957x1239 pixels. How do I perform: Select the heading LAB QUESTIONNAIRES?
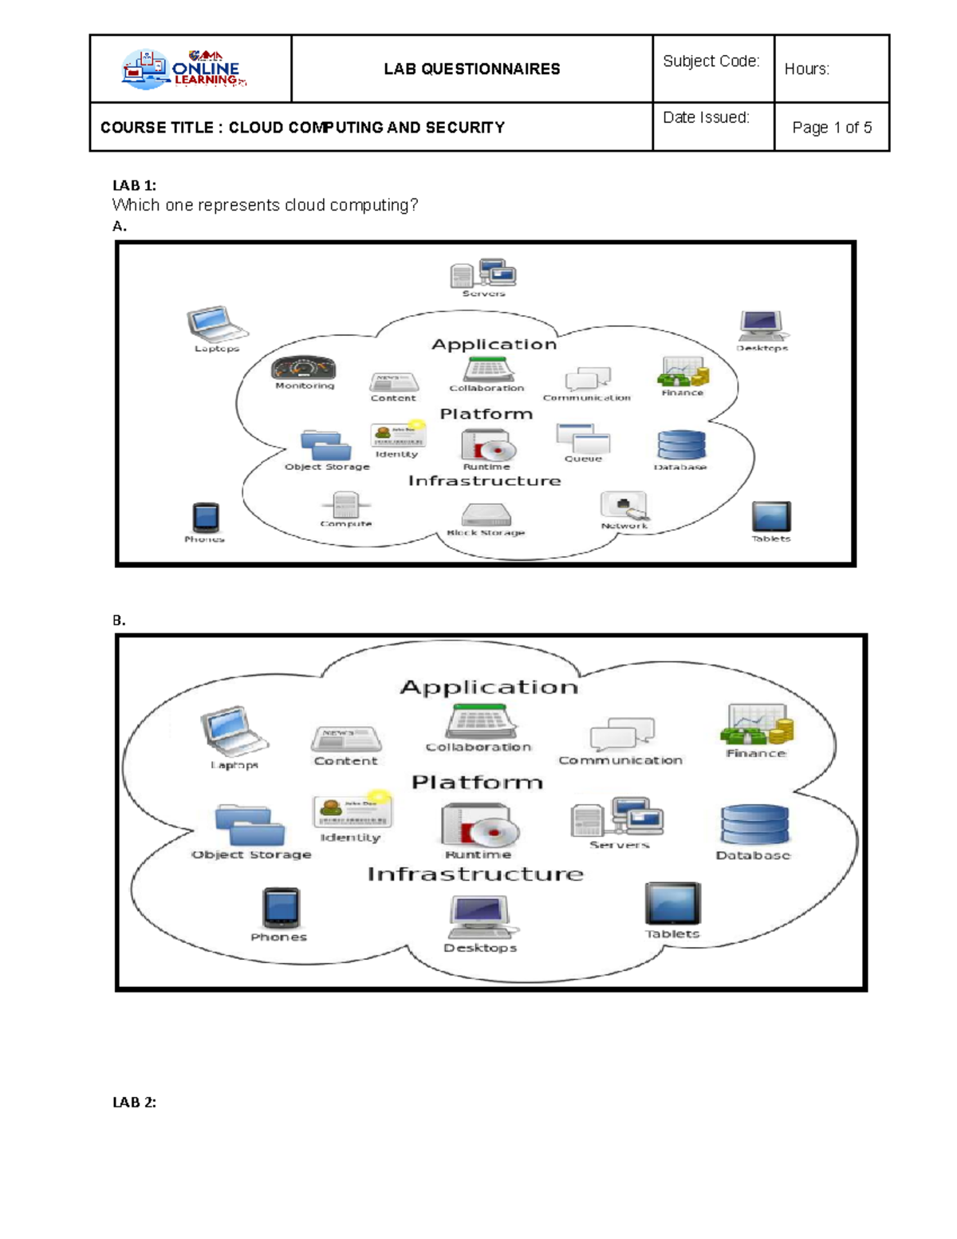point(471,69)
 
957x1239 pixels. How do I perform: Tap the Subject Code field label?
point(711,61)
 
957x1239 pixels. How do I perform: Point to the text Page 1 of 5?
point(831,128)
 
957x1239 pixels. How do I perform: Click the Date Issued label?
point(706,118)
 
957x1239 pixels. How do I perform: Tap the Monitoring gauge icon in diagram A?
point(304,368)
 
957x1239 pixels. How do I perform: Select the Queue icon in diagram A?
point(583,438)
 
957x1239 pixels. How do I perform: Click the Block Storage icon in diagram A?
point(486,515)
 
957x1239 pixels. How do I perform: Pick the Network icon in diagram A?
point(624,506)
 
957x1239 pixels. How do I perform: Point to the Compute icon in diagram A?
point(345,505)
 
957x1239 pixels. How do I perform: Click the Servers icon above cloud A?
point(483,274)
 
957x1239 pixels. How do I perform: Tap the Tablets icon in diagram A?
point(771,517)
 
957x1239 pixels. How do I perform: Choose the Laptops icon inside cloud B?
point(234,731)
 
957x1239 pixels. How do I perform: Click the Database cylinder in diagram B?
point(754,825)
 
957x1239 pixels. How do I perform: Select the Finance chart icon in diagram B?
point(756,725)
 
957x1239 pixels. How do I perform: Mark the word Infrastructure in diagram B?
point(475,874)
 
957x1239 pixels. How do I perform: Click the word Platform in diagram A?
point(486,414)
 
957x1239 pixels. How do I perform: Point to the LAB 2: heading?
point(134,1103)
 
